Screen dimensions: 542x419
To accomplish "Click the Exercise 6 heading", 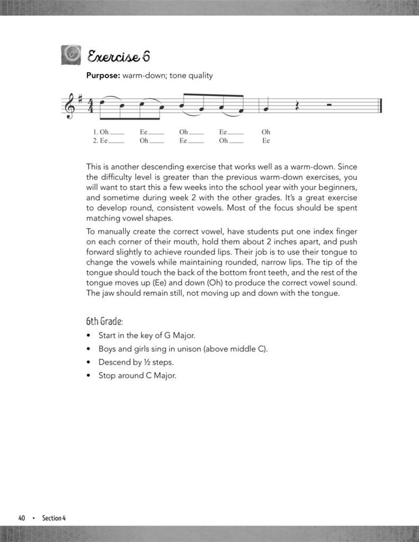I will coord(119,56).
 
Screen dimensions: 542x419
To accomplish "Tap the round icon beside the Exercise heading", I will coord(72,55).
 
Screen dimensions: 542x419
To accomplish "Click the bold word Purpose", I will coord(103,76).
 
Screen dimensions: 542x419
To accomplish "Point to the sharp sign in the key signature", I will coord(79,98).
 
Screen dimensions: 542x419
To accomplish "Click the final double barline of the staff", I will coord(380,105).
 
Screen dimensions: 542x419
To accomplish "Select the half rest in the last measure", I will coord(329,104).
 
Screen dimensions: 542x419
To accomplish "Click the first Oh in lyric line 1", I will coord(104,132).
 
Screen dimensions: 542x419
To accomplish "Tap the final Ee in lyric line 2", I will coord(266,141).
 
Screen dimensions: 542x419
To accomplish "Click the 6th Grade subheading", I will coord(104,321).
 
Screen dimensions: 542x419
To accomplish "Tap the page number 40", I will coord(22,518).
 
